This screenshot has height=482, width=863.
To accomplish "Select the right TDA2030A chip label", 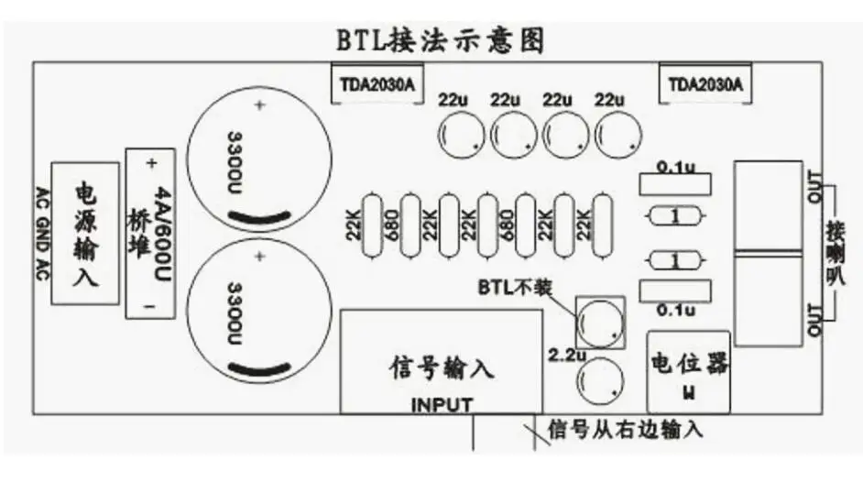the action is [705, 85].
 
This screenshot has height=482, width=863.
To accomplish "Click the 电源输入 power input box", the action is [85, 234].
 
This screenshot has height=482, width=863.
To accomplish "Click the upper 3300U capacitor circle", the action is [257, 162].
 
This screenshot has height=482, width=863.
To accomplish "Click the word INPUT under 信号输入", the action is [442, 404].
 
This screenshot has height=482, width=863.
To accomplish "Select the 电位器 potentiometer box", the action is [688, 371].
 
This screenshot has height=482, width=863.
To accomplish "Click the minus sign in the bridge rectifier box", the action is [151, 307].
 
